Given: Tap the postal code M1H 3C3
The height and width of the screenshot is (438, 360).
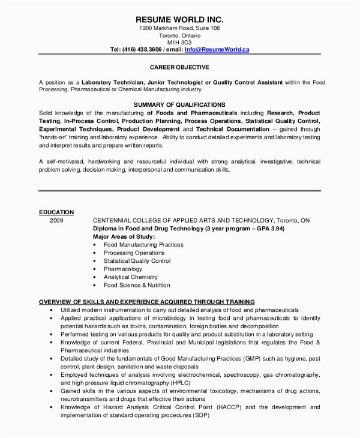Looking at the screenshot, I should click(x=179, y=41).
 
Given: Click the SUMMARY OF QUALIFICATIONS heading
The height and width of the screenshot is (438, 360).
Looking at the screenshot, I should click(x=179, y=104).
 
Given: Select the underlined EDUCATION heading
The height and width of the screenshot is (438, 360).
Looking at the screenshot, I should click(x=56, y=212).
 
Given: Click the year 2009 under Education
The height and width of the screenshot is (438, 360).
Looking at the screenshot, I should click(x=56, y=220).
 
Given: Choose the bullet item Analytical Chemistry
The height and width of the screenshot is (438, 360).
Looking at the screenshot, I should click(x=130, y=277).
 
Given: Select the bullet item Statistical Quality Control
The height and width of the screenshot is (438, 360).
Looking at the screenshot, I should click(x=136, y=261).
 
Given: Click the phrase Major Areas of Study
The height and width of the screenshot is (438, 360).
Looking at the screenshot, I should click(x=124, y=237).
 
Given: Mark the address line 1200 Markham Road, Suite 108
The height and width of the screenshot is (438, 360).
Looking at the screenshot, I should click(x=179, y=28).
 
